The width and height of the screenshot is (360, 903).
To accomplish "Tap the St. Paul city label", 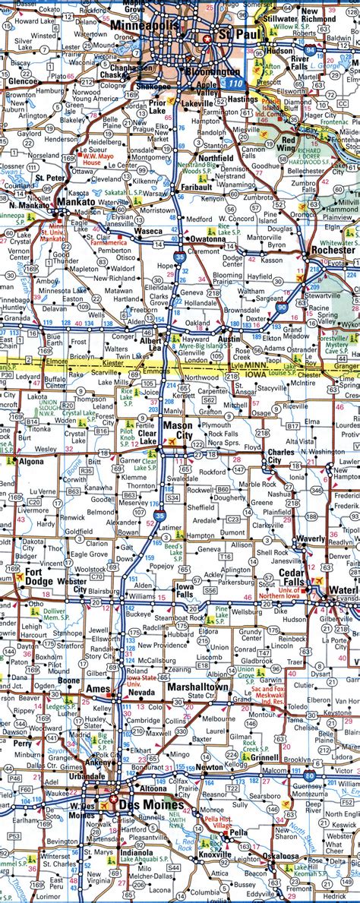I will click(232, 35).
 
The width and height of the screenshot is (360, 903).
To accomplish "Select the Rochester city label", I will click(332, 249).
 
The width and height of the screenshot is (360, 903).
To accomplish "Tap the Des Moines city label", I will click(156, 805).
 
